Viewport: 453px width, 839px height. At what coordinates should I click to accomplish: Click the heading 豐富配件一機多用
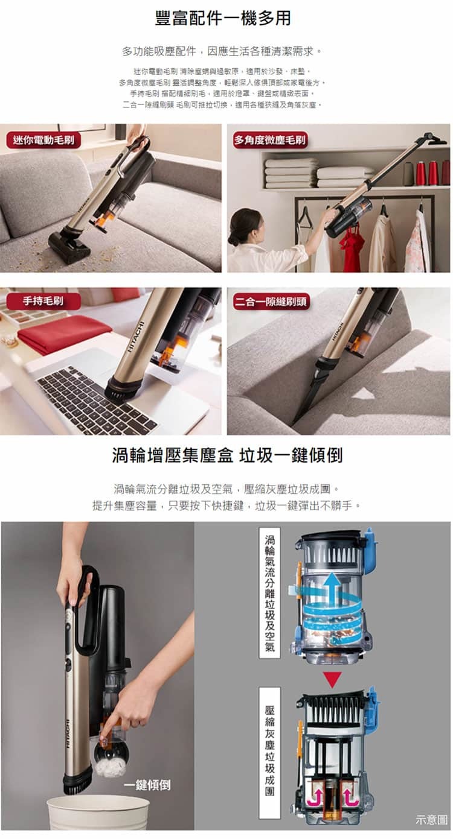(x=223, y=19)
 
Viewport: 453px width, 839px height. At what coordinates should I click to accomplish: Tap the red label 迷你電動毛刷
(x=43, y=141)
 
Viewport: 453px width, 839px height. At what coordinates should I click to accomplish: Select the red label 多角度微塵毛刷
(x=271, y=141)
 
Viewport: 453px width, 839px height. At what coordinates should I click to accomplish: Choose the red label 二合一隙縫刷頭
(x=271, y=301)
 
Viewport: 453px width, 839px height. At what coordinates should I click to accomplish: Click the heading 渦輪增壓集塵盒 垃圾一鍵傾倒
(x=226, y=455)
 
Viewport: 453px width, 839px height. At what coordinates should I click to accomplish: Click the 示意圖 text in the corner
(x=431, y=820)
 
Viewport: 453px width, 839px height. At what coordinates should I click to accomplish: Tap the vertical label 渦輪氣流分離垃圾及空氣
(x=269, y=592)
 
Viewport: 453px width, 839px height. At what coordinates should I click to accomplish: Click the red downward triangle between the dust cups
(x=332, y=679)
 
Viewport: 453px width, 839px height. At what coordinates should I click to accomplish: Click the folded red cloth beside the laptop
(x=63, y=333)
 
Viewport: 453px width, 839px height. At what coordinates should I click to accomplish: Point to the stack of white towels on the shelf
(x=291, y=173)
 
